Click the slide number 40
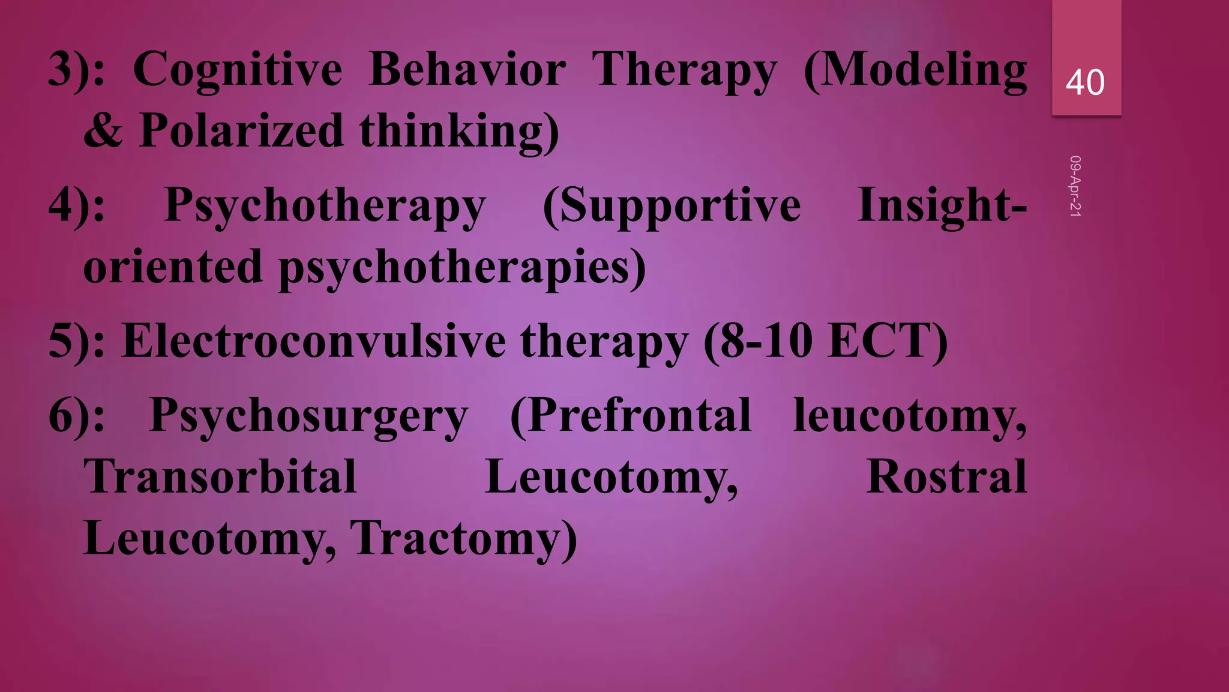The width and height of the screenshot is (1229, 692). (1085, 82)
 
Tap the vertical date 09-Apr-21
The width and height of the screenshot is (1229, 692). (1075, 186)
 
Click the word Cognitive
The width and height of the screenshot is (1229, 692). (237, 70)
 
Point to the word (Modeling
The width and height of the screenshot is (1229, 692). (915, 70)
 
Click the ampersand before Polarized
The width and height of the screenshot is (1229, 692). (103, 131)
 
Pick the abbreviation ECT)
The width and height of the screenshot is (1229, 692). (888, 341)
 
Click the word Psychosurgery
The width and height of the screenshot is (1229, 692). (308, 417)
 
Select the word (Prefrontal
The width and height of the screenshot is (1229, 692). (631, 416)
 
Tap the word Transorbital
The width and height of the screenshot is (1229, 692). (220, 477)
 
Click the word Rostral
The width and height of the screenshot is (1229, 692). (946, 477)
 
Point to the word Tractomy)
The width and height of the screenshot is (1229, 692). (463, 539)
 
